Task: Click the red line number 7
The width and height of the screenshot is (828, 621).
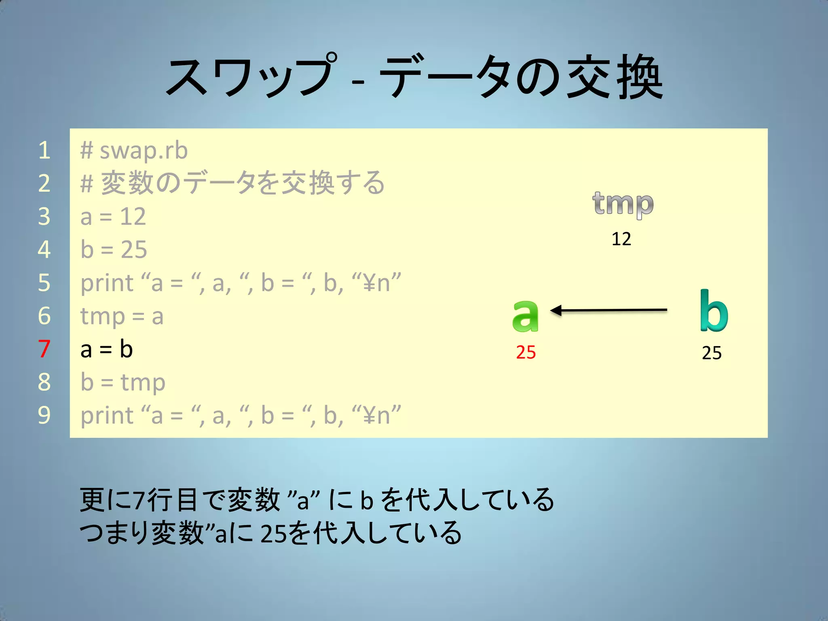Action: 44,349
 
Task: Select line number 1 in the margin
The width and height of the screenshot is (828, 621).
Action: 44,150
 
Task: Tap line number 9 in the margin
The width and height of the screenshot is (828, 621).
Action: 44,415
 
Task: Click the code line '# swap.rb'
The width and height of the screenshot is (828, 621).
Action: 134,150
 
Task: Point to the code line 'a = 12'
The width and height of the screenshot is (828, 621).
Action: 113,217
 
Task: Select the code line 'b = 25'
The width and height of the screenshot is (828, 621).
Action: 114,250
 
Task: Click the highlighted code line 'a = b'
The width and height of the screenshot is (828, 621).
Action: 106,349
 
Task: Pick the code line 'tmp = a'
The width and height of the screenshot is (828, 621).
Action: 122,316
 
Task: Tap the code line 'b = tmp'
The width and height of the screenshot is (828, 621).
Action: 123,382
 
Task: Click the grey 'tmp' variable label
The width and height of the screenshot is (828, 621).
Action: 623,204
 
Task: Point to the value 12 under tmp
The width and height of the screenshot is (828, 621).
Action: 621,239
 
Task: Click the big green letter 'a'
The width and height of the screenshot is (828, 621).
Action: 525,316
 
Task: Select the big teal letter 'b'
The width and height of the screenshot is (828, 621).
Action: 714,311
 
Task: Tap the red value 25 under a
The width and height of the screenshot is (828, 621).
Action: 526,353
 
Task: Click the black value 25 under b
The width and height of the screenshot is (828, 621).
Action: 712,353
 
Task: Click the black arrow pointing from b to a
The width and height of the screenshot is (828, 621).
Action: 608,310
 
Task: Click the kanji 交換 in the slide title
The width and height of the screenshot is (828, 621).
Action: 615,77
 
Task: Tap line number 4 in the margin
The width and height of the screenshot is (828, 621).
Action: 44,250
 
